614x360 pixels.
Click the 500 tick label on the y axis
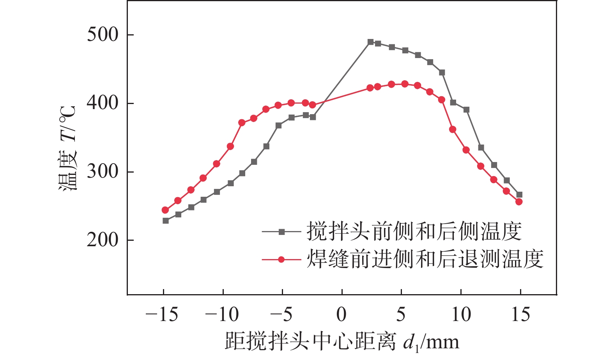click(x=102, y=35)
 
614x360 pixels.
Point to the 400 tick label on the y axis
click(x=102, y=103)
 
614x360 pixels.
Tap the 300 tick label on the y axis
click(x=102, y=171)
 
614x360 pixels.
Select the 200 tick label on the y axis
click(x=102, y=240)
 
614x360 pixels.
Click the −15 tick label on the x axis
click(x=162, y=314)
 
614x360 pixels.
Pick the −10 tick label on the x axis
click(x=222, y=314)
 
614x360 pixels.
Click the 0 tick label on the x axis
click(x=342, y=314)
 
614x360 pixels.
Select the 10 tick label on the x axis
click(x=461, y=314)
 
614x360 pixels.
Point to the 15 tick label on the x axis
click(x=520, y=314)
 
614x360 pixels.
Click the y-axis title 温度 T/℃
click(x=68, y=148)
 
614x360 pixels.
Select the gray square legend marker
click(x=282, y=232)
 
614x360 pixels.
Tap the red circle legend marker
click(x=282, y=259)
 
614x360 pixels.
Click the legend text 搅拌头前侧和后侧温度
click(x=414, y=231)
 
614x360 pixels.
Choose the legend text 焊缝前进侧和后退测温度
click(x=425, y=259)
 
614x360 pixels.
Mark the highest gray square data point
click(x=370, y=42)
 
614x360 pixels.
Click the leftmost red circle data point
click(x=165, y=210)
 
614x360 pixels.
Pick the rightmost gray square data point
click(x=519, y=195)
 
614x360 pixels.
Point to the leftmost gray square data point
click(x=166, y=221)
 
